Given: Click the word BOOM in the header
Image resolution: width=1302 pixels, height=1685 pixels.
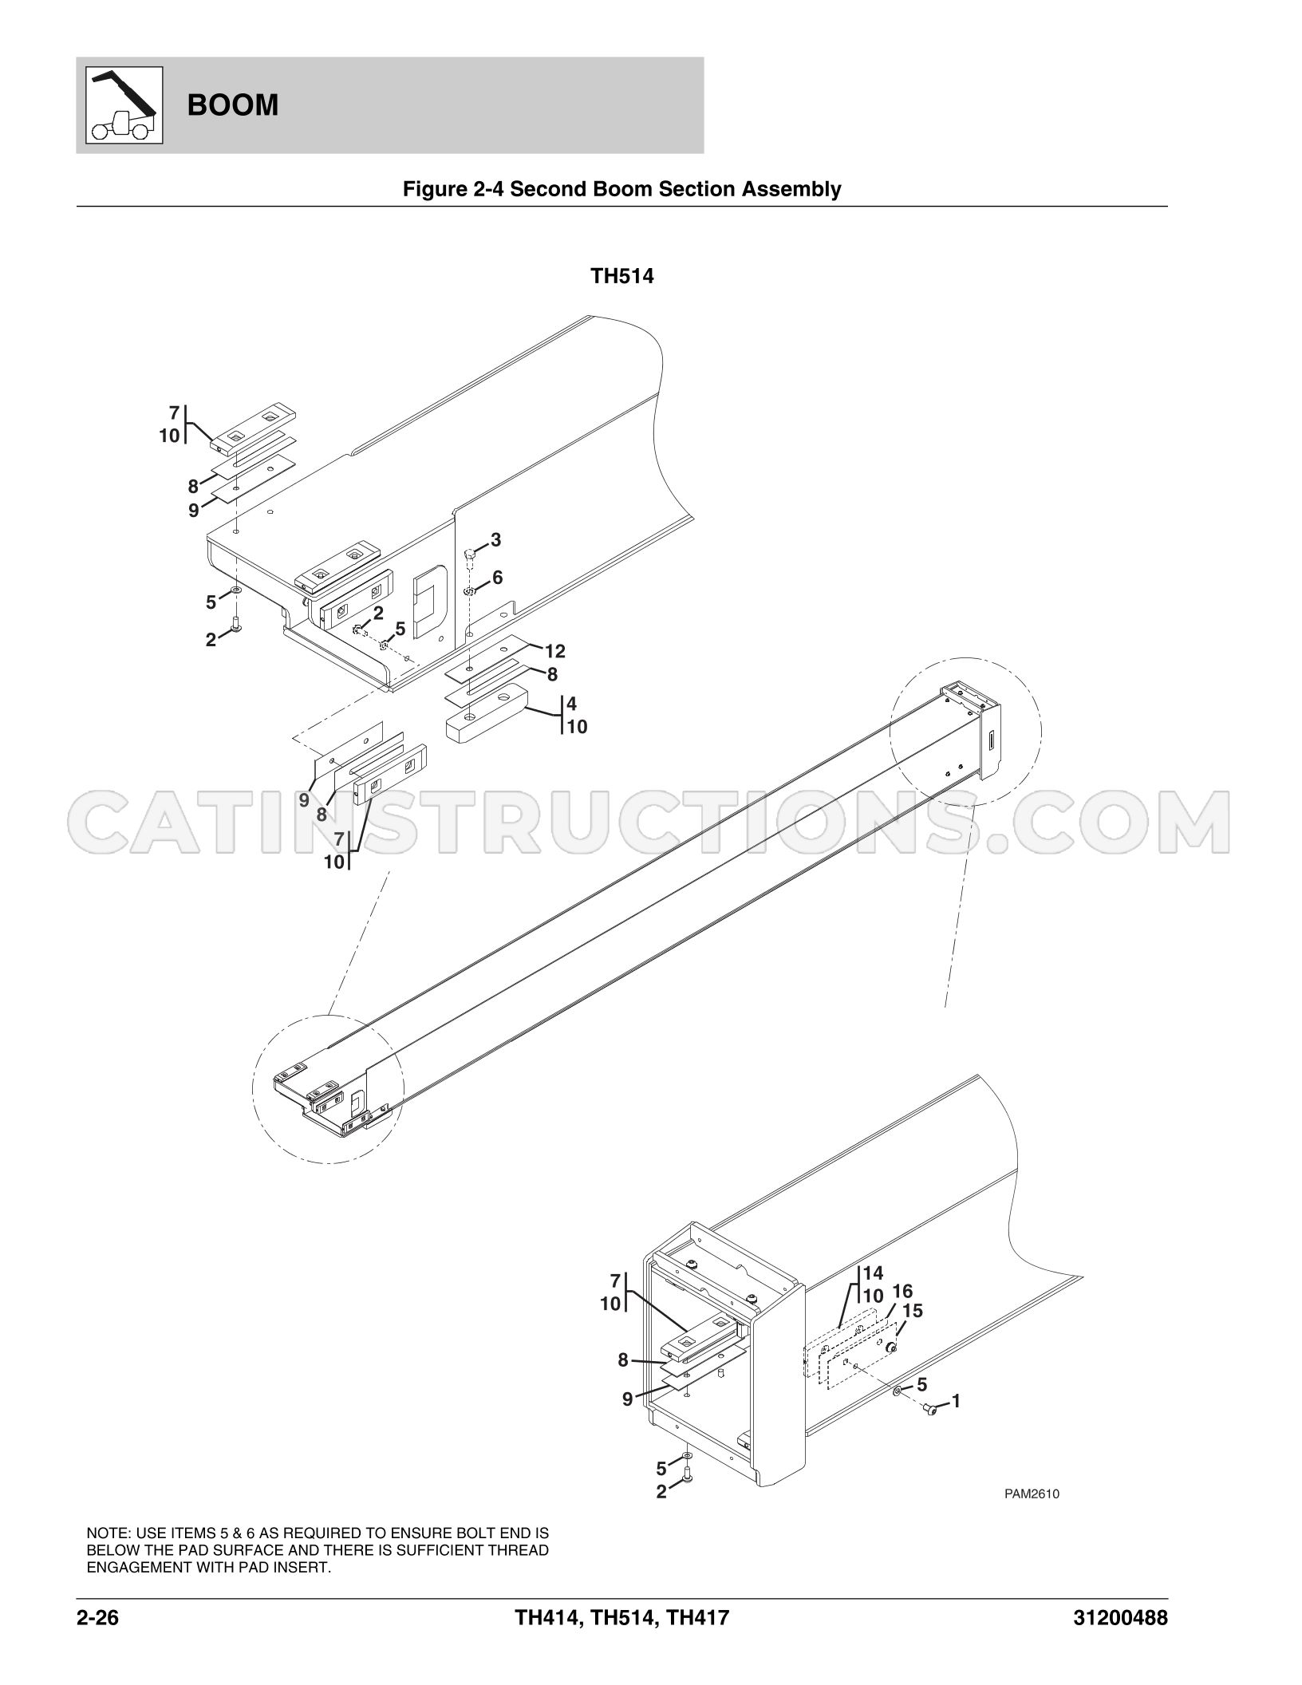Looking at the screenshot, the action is [x=233, y=105].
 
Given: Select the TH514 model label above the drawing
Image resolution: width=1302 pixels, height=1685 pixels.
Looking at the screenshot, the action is [x=622, y=277].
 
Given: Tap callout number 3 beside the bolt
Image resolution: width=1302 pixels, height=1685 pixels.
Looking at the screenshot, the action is [x=495, y=540].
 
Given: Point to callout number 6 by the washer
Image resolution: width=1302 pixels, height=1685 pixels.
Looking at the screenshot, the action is [x=497, y=577].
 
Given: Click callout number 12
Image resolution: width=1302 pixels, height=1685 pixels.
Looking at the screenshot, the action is [x=555, y=651].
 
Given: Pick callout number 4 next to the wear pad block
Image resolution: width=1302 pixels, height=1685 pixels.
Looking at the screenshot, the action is [x=571, y=704].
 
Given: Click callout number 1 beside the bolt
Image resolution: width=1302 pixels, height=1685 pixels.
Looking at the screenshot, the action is [x=956, y=1400].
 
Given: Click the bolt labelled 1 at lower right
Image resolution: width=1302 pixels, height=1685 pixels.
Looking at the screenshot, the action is [x=930, y=1410].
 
